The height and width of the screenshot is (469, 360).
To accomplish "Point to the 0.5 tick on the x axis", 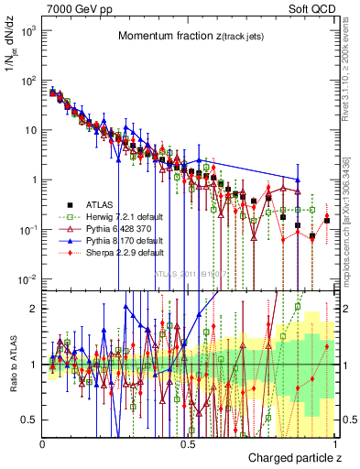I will coord(188,443).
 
